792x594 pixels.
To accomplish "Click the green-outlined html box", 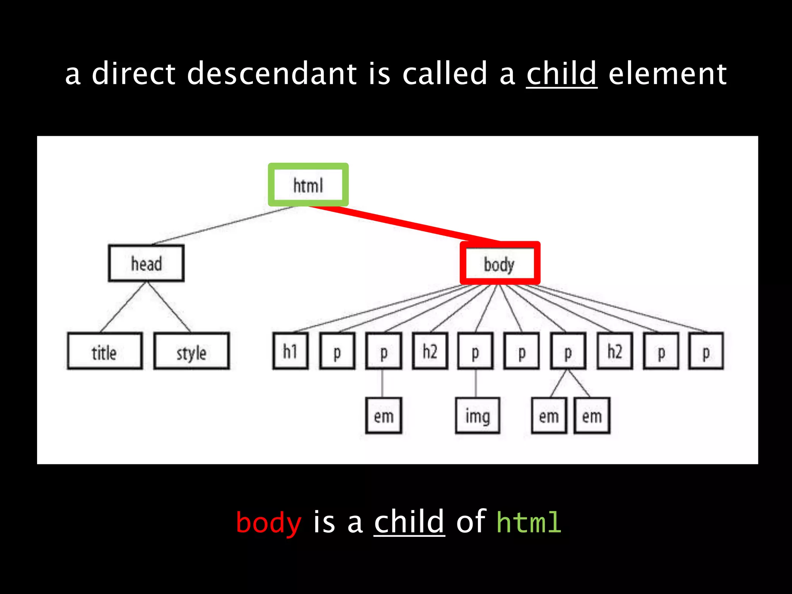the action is tap(308, 185).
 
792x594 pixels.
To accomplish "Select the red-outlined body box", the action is tap(500, 263).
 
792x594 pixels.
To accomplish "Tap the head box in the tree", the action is tap(146, 263).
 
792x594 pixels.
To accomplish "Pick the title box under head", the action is tap(104, 351).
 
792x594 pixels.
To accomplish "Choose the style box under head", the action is tap(191, 351).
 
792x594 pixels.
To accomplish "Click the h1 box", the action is tap(290, 351).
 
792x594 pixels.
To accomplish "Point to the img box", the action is tap(478, 416).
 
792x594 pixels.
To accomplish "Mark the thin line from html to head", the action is tap(224, 226).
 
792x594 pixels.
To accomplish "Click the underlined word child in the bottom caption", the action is tap(409, 522).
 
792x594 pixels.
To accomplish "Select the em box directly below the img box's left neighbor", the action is tap(384, 416).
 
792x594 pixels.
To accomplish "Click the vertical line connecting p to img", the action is tap(476, 383).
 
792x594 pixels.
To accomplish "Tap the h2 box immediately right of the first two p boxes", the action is tap(430, 351).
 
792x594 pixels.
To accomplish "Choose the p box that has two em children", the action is tap(568, 351).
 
